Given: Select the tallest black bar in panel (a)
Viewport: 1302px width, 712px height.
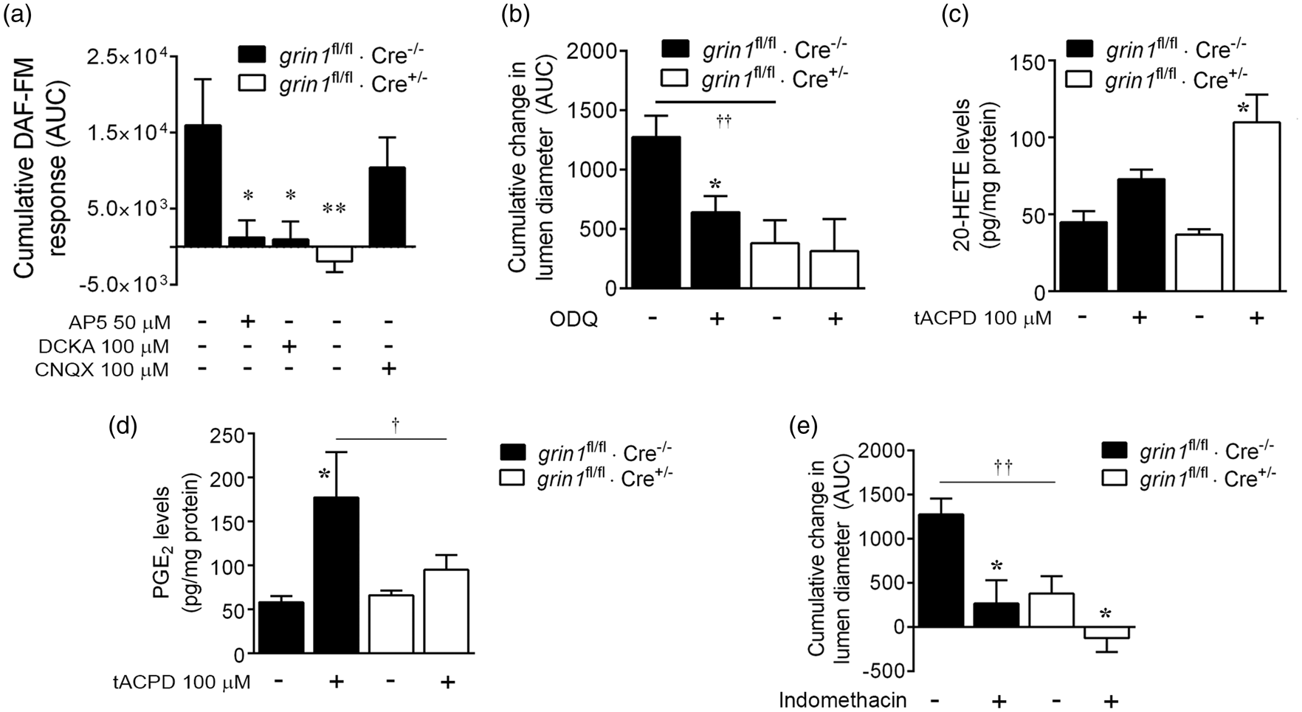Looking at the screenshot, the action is tap(202, 185).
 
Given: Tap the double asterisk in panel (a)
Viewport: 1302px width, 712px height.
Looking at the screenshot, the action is tap(334, 210).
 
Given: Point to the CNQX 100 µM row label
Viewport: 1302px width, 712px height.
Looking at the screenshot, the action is tap(102, 370).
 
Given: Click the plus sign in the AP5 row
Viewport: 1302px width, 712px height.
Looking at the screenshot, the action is tap(248, 322).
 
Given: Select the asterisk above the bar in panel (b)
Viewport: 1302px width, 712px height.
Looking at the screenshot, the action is tap(714, 184).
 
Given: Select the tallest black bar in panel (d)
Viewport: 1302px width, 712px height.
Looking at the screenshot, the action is tap(337, 575).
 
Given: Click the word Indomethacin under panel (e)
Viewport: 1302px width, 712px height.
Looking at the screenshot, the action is tap(843, 699).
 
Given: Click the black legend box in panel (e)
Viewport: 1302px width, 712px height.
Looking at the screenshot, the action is tap(1115, 450).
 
